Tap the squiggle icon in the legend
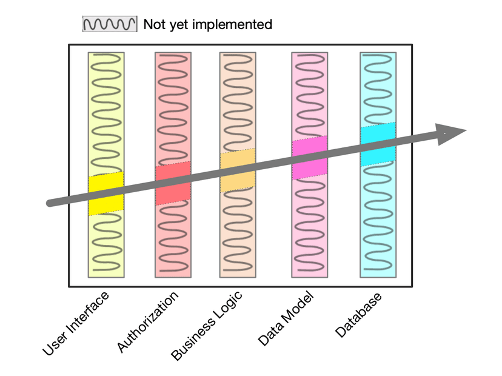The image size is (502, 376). (110, 24)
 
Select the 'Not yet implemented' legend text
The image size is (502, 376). (208, 25)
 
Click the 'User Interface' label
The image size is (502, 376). (76, 323)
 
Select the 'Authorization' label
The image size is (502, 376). (149, 321)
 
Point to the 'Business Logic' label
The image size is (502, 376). (207, 326)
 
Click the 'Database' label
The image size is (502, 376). (360, 315)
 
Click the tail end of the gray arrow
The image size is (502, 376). (50, 203)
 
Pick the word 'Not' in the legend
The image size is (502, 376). (153, 25)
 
